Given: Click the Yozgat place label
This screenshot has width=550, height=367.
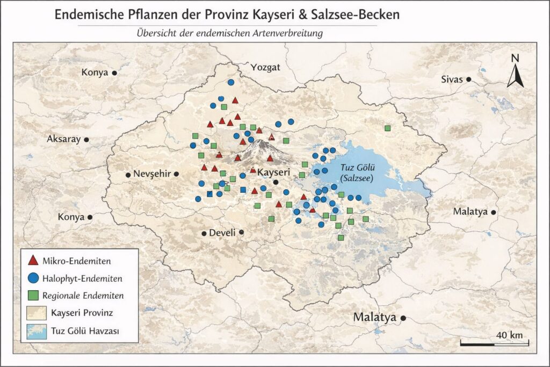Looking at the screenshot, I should (x=266, y=67).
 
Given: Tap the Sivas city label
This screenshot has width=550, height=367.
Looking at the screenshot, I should (x=451, y=79).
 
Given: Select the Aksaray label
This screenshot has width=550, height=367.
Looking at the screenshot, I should (x=63, y=139).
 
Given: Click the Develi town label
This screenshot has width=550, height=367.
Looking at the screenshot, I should (x=222, y=233).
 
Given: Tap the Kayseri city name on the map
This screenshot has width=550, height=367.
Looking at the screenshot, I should (x=274, y=172).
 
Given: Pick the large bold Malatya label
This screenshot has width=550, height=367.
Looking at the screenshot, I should (x=374, y=318).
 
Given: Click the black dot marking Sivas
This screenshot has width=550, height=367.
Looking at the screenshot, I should (x=468, y=80).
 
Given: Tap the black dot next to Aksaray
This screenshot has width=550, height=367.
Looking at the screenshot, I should (x=86, y=139).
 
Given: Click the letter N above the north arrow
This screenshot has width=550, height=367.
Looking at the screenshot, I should (x=515, y=58).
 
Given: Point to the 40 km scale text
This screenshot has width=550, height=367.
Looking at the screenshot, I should (x=509, y=335).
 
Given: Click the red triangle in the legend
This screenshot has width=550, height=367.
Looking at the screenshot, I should (x=33, y=261).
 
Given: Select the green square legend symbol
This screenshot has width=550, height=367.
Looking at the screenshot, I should (x=33, y=295).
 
